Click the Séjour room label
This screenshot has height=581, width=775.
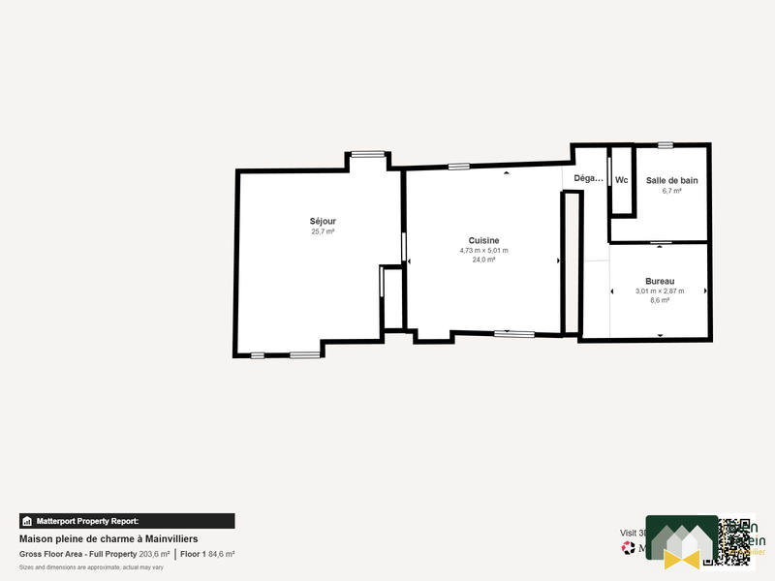click(323, 221)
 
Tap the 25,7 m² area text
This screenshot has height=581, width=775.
click(323, 231)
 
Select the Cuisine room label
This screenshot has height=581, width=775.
click(483, 240)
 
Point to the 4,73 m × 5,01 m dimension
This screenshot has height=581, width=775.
click(483, 250)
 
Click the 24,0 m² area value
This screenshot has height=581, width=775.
click(483, 260)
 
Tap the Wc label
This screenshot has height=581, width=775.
click(622, 180)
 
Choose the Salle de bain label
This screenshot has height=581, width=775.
click(671, 180)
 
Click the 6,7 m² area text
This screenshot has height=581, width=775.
click(671, 191)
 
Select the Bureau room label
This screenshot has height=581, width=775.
click(660, 281)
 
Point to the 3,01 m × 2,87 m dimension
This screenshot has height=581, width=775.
click(660, 290)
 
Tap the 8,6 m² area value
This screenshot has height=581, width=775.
click(660, 300)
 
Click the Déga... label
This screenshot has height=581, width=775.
click(588, 178)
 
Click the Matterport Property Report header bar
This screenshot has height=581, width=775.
click(127, 521)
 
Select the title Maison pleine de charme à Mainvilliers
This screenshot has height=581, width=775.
click(109, 538)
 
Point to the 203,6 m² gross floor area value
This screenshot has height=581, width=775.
click(154, 554)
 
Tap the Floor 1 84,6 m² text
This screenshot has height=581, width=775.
click(207, 554)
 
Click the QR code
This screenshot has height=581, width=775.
click(735, 541)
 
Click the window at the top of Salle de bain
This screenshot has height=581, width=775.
click(665, 145)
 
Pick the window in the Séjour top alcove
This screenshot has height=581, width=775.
click(367, 153)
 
